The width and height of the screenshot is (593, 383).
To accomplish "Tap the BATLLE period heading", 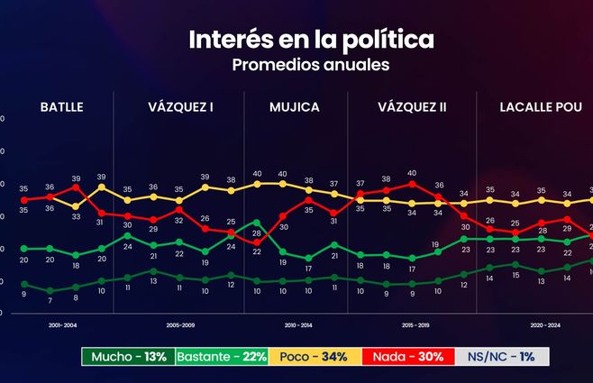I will (61, 106).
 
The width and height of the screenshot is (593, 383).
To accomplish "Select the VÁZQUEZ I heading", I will (180, 106).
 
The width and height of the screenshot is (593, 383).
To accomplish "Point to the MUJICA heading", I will (295, 106).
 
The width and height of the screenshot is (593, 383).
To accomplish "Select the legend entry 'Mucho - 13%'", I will (125, 357).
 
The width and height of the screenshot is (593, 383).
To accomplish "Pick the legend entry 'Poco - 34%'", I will (315, 357).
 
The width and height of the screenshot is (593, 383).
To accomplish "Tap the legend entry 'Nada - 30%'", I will (406, 357).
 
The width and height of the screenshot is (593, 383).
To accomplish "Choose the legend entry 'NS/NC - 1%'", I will (501, 357).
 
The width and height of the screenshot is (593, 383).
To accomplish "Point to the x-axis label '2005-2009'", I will (180, 324).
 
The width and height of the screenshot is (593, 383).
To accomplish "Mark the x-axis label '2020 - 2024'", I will (541, 324).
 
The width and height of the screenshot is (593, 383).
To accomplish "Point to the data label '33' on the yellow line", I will (76, 216).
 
